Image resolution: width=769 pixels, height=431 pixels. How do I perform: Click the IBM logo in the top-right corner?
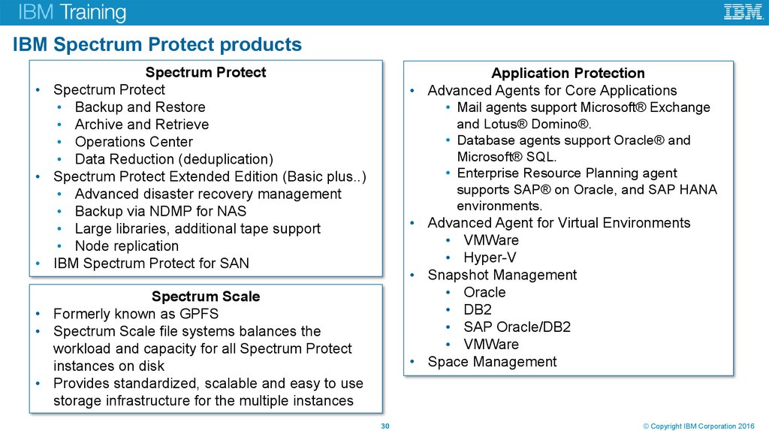[x=743, y=12]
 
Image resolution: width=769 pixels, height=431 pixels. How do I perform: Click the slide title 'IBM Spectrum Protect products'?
[x=157, y=45]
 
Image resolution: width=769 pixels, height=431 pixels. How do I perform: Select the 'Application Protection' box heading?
[x=568, y=73]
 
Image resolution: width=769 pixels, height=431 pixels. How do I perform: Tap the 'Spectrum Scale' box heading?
[x=206, y=297]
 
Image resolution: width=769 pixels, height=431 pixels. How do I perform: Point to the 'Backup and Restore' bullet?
[x=140, y=107]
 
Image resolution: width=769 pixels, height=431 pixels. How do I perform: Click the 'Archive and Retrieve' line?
[x=141, y=125]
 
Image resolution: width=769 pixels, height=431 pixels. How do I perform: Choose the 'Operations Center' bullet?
[x=134, y=142]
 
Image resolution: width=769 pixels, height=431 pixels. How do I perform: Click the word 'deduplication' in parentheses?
[x=230, y=159]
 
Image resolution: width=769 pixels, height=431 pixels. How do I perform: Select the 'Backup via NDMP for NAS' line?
[x=161, y=211]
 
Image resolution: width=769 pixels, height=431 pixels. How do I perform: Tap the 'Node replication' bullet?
[x=126, y=246]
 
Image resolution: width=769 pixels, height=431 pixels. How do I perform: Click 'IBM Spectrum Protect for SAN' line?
[x=151, y=263]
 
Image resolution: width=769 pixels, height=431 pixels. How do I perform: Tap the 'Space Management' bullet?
[x=492, y=361]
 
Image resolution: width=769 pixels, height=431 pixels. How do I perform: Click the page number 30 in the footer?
[x=385, y=426]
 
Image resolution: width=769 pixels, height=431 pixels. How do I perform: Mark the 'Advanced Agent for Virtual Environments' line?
[x=559, y=223]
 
